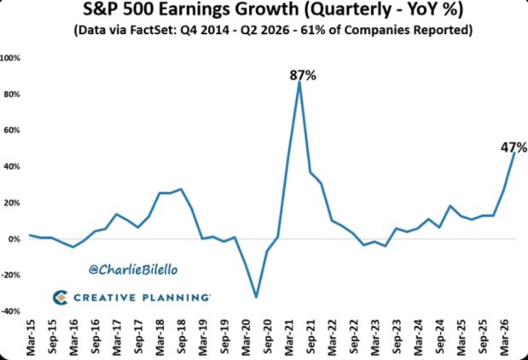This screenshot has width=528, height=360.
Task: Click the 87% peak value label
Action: tap(303, 75)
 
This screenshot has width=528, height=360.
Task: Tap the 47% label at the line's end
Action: tap(513, 148)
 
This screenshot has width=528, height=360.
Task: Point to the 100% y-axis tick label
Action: tap(10, 58)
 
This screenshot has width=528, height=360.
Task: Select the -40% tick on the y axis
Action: tap(10, 311)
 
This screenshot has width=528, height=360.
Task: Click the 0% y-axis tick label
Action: tap(14, 239)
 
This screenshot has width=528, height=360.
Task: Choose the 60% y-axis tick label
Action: tap(12, 131)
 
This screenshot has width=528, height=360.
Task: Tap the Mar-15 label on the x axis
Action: tap(31, 338)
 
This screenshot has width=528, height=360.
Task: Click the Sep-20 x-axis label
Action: tap(268, 336)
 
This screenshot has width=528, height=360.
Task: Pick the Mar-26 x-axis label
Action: tap(505, 338)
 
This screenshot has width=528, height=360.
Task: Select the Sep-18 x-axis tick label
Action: tap(182, 336)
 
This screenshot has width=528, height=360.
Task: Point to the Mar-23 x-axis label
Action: tap(375, 338)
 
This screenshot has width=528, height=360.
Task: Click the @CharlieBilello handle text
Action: tap(133, 270)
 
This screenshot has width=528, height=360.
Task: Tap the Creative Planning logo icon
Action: tap(61, 298)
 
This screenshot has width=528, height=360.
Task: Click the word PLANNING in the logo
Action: tap(176, 298)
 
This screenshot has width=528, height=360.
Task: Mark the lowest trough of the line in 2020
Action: tap(257, 298)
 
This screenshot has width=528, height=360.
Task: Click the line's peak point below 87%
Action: tap(299, 82)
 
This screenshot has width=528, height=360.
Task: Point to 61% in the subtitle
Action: tap(311, 30)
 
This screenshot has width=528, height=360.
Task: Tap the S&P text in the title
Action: tap(101, 9)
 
